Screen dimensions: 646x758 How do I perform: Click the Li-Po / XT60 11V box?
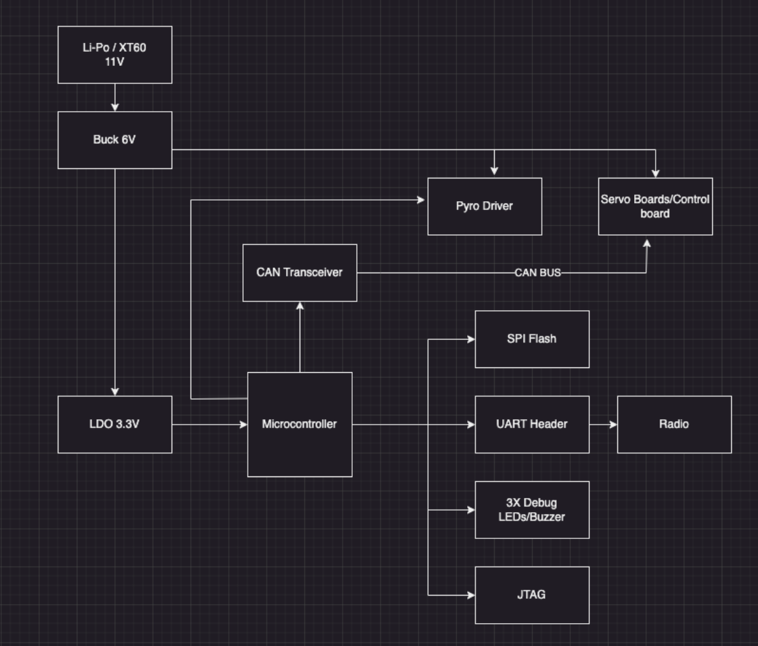coord(114,55)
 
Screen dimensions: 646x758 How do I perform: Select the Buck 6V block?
coord(114,140)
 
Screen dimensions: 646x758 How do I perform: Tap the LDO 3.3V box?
coord(114,424)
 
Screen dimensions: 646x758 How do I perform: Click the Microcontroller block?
coord(300,424)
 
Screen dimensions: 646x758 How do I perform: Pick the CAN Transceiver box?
coord(300,273)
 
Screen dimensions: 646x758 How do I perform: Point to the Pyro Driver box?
coord(485,206)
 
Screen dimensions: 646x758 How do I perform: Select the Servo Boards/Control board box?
coord(655,206)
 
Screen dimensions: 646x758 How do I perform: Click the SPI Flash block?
coord(532,338)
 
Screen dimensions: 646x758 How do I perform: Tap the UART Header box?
coord(532,424)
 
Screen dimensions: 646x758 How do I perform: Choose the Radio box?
coord(674,424)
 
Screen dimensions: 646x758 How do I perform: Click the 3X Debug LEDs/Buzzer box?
coord(532,509)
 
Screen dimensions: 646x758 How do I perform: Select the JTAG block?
coord(532,595)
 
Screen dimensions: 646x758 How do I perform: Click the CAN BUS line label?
coord(537,273)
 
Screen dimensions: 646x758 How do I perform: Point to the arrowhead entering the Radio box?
coord(613,424)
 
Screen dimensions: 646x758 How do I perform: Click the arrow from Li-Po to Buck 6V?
coord(114,98)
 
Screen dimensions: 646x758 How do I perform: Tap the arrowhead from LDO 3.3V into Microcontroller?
coord(243,424)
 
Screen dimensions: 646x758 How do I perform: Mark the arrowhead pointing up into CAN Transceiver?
coord(300,306)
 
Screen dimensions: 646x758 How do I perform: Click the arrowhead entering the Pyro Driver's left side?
coord(423,199)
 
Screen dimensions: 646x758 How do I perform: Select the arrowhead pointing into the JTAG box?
coord(471,595)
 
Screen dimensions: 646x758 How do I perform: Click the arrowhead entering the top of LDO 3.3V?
coord(114,391)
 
